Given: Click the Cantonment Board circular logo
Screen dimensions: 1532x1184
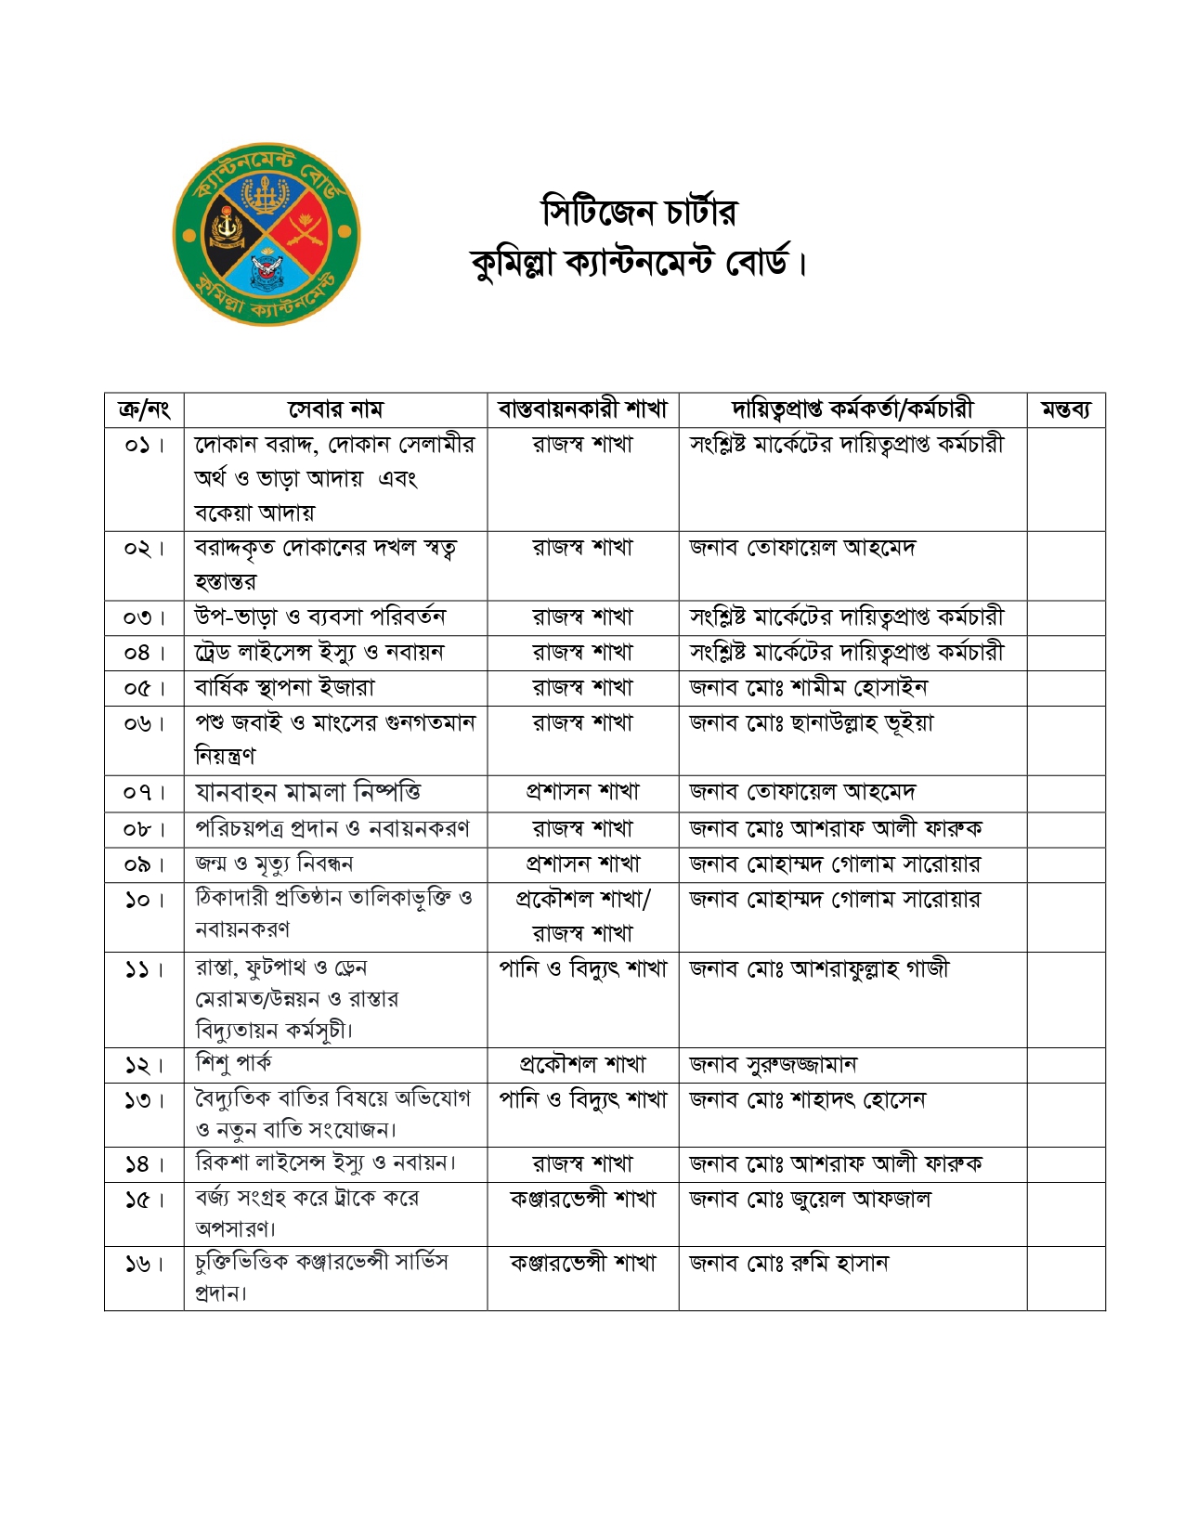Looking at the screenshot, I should point(267,234).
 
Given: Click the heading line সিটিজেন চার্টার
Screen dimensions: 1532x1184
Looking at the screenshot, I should point(639,213).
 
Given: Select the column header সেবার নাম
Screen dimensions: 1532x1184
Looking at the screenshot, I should point(335,409).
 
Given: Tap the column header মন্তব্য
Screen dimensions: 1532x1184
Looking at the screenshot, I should point(1065,409).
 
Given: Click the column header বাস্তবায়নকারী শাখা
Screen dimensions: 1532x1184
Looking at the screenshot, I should point(582,409).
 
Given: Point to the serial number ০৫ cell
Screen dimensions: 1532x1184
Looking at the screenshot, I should point(144,688).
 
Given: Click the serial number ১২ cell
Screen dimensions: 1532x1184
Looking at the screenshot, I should point(144,1065).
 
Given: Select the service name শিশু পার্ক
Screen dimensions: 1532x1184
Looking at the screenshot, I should point(233,1063).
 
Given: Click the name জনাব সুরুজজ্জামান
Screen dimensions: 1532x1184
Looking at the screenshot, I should point(773,1064).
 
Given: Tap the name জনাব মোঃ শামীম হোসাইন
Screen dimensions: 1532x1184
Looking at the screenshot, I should point(808,688).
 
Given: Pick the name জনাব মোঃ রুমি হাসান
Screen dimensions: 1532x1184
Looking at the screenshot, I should point(788,1264).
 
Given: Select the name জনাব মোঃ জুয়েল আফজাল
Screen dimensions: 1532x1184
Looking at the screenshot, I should point(810,1200).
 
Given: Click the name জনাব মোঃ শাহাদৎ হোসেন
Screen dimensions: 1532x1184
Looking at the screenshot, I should point(807,1100).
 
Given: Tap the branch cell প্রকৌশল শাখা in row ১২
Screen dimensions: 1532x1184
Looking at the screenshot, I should point(582,1064).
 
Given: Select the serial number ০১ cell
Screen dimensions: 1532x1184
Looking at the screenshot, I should point(144,445).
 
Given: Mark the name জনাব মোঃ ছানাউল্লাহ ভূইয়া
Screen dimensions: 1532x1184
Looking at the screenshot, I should point(811,723).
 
